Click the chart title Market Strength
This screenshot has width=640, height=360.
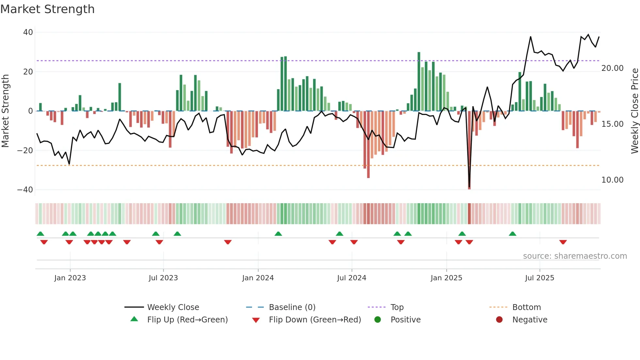point(47,9)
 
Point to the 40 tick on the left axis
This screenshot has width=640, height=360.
point(28,32)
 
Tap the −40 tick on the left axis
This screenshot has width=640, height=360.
point(25,190)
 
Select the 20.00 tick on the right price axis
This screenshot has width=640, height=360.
point(612,68)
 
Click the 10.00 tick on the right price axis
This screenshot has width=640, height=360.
point(612,180)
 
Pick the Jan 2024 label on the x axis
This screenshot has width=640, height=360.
point(258,278)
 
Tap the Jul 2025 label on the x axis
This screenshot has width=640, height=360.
point(539,278)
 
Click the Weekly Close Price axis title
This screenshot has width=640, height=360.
point(634,111)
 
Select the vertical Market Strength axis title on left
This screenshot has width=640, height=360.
point(5,111)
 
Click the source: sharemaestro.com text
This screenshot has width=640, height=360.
point(575,256)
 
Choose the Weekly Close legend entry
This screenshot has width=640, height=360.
point(173,307)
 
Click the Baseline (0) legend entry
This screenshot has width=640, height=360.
point(292,307)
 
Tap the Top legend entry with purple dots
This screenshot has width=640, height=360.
point(397,307)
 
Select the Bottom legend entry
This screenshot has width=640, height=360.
point(526,307)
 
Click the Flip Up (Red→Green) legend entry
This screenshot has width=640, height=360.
point(187,320)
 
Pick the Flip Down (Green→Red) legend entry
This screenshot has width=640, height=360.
point(315,320)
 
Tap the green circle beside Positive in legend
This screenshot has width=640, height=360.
point(378,320)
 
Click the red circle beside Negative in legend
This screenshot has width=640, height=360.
point(499,320)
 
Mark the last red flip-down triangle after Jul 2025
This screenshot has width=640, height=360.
point(563,242)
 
